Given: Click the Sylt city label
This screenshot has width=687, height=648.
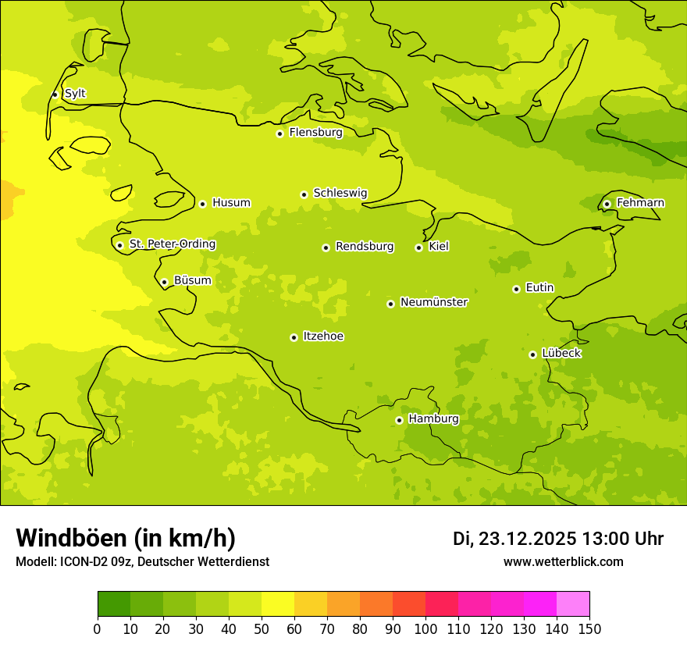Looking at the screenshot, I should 75,94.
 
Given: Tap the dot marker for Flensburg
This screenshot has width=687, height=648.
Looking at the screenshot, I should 279,134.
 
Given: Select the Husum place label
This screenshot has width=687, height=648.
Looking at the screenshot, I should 231,203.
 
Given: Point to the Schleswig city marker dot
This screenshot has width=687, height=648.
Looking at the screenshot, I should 304,194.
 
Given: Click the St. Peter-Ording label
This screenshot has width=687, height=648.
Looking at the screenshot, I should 173,244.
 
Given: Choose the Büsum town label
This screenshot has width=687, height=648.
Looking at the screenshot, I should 192,280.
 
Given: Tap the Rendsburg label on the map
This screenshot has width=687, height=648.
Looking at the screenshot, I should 365,247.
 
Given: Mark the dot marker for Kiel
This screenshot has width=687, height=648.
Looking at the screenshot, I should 418,247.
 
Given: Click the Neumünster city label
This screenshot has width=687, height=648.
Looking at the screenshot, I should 434,302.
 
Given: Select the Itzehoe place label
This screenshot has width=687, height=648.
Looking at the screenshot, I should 323,336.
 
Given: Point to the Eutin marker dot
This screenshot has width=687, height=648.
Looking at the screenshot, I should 516,289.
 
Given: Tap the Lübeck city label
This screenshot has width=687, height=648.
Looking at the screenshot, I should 561,353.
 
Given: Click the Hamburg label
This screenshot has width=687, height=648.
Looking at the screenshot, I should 433,418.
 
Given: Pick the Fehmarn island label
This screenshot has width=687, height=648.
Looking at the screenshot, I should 640,203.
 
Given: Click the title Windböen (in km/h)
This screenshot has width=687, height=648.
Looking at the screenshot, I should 126,538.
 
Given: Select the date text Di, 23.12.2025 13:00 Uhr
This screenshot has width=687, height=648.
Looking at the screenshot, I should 558,539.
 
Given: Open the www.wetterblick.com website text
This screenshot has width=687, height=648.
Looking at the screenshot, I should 563,562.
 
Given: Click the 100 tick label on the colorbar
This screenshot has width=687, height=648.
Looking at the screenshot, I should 425,629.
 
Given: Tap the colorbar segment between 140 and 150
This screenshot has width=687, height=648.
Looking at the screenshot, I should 573,604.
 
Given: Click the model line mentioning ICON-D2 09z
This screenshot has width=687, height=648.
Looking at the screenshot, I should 142,562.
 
